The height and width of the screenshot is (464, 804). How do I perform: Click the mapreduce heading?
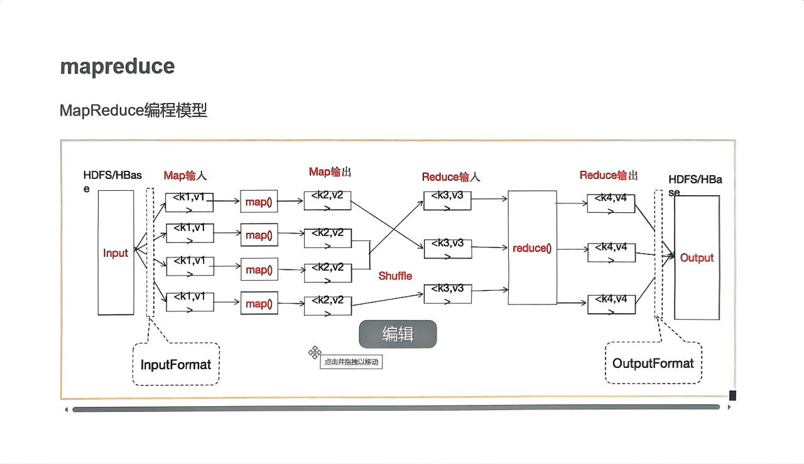pos(117,67)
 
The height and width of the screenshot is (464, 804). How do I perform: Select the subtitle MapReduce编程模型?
pos(133,111)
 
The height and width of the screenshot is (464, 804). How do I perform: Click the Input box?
pos(116,252)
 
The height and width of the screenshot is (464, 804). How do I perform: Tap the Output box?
pos(697,257)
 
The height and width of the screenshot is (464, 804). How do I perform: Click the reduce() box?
pos(532,248)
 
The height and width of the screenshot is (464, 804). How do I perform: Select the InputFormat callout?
pos(176,364)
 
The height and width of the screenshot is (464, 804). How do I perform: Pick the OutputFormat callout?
pos(653,363)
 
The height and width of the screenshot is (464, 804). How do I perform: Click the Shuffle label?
pos(395,276)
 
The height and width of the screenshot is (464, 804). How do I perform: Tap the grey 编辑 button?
pos(398,334)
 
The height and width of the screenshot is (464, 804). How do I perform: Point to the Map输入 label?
pos(185,176)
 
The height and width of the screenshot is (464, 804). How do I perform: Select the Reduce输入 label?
pos(450,177)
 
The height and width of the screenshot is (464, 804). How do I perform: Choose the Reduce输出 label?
pos(609,175)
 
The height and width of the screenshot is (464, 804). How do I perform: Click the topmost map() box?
pos(259,202)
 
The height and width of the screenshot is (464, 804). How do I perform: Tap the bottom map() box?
pos(259,304)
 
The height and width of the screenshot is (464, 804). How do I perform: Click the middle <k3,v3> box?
pos(447,248)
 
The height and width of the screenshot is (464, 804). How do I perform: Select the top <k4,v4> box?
pos(611,203)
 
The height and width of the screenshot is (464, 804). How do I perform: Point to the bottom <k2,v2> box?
pos(327,305)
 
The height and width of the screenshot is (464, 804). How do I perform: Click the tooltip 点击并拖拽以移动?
pos(351,362)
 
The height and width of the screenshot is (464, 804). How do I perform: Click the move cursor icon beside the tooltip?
pos(315,353)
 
